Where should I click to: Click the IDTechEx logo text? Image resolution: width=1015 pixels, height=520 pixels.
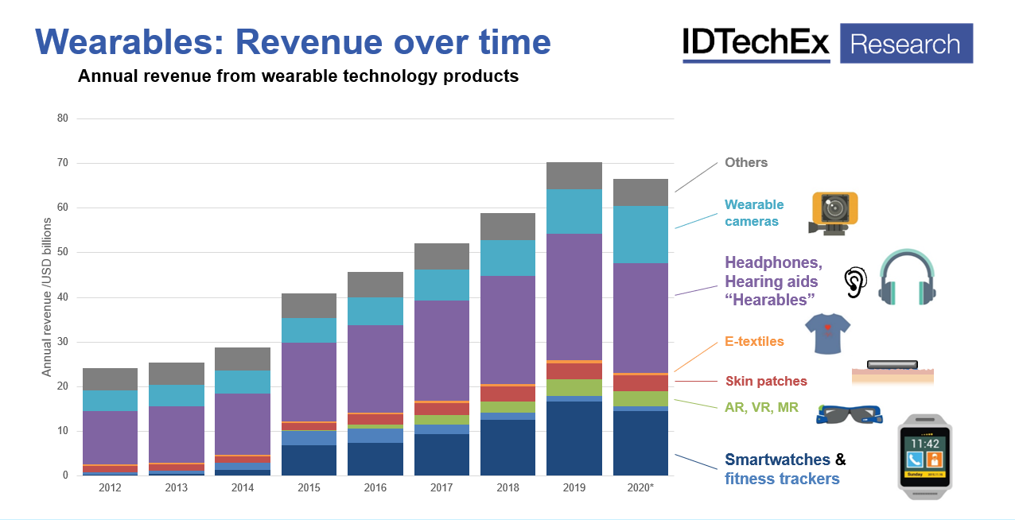[x=756, y=44]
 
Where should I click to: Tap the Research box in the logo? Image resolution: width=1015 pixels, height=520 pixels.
[x=905, y=44]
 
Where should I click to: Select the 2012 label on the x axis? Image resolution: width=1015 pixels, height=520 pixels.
[x=110, y=487]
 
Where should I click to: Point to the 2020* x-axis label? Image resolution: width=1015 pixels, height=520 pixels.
[x=640, y=487]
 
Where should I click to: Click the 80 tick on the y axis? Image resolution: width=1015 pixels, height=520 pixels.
[x=63, y=118]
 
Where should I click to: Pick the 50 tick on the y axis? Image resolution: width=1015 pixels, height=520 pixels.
[x=63, y=253]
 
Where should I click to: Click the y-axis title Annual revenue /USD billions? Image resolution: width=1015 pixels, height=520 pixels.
[x=47, y=297]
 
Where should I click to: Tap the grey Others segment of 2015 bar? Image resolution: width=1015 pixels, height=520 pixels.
[x=309, y=305]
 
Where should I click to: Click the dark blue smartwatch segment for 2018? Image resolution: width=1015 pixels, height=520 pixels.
[x=507, y=448]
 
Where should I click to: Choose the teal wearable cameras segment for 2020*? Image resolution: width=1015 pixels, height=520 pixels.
[x=640, y=235]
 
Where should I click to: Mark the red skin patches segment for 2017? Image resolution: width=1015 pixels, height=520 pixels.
[x=441, y=409]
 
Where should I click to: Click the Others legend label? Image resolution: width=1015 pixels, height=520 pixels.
[x=745, y=163]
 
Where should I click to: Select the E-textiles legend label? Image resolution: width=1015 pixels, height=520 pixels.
[x=754, y=341]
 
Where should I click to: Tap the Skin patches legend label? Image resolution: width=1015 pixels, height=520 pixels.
[x=765, y=382]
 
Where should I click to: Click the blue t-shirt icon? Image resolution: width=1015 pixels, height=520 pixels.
[x=827, y=332]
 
